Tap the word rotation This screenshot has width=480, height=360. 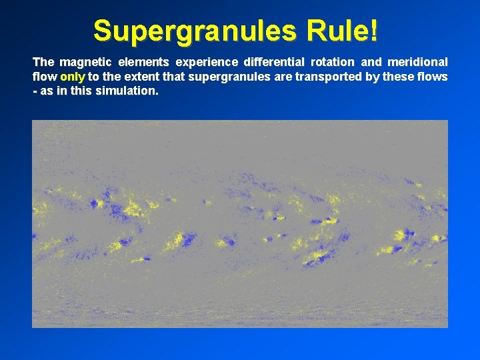[x=333, y=62]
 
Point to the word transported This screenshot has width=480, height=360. [x=327, y=77]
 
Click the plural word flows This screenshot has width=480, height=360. [x=434, y=77]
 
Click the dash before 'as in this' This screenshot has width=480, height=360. [x=35, y=91]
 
